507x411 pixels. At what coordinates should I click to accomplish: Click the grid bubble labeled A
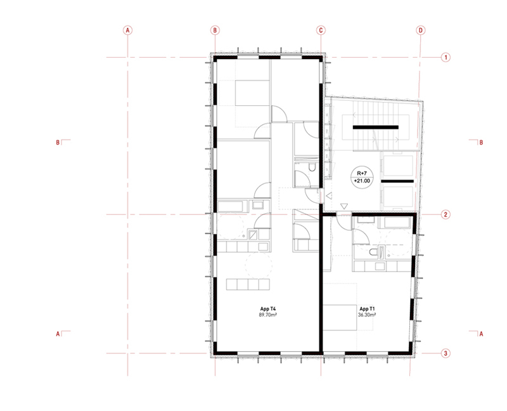128,30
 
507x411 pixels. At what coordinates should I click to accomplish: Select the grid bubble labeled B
215,30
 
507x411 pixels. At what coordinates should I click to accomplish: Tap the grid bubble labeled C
321,30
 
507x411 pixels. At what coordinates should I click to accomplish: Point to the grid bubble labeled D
420,30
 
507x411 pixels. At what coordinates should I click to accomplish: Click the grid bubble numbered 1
446,58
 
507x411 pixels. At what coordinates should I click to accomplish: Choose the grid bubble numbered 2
446,214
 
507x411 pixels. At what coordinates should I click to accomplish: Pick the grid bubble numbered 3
446,353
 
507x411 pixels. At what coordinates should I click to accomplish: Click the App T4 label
268,309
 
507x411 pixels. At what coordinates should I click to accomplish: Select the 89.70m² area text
267,314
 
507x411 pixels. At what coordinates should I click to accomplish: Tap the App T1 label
367,309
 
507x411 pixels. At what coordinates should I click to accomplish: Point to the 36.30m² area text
367,314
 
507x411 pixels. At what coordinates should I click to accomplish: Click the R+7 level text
362,173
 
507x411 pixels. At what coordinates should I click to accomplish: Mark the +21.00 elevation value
362,181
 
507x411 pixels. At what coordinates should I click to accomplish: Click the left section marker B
58,143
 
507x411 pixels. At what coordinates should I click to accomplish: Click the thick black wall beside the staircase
375,127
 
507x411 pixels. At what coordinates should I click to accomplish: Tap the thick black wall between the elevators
397,181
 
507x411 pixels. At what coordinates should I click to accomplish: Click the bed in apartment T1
340,318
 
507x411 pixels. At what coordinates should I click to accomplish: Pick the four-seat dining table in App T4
248,284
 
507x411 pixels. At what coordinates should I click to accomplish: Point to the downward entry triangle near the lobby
344,206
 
